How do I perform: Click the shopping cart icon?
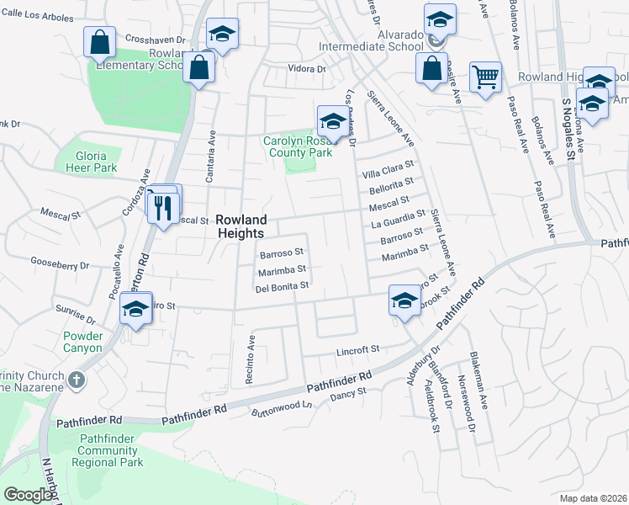[x=485, y=78]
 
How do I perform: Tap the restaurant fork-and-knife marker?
[x=164, y=206]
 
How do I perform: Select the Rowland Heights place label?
[x=240, y=226]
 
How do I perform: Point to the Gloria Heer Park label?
[x=91, y=162]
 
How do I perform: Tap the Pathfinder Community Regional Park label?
[x=109, y=450]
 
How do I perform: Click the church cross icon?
[x=77, y=380]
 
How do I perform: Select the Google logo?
[x=29, y=495]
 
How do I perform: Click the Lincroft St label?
[x=359, y=348]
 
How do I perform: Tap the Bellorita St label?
[x=393, y=184]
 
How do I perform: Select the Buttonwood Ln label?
[x=282, y=410]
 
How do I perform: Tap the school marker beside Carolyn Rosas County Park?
[x=331, y=121]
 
